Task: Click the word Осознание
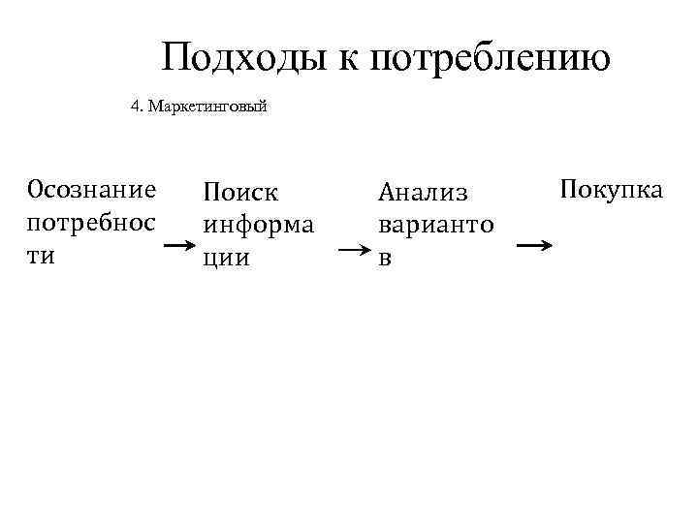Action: [92, 188]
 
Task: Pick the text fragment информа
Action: [258, 226]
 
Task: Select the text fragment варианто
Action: [436, 226]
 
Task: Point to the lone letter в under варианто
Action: [385, 259]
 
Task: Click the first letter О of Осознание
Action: [37, 188]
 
